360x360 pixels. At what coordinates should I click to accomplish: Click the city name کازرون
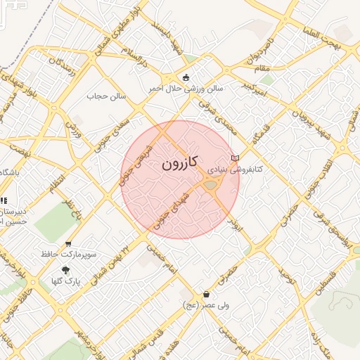180,164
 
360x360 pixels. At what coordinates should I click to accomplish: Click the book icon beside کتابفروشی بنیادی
235,158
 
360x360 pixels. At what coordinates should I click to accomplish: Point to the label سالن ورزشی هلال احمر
186,89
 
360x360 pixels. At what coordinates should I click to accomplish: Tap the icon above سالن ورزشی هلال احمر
186,77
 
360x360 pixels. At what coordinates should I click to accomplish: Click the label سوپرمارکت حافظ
68,254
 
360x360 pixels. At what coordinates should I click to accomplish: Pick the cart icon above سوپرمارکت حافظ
68,243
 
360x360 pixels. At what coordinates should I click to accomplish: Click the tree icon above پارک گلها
66,270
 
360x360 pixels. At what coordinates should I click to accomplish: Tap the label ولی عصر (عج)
205,305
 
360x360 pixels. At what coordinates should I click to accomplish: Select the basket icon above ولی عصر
206,294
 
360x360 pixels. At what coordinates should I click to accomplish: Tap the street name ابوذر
237,226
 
